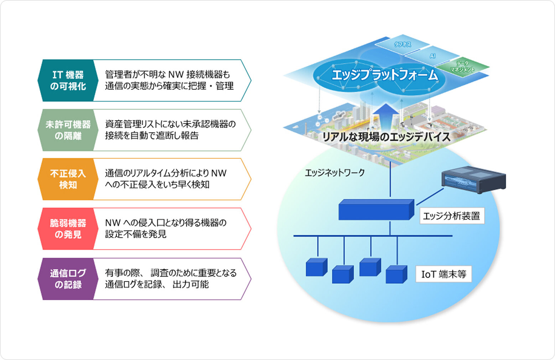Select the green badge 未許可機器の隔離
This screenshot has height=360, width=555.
pos(68,130)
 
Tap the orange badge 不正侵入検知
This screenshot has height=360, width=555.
pos(68,179)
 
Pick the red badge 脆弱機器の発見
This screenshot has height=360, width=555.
pos(68,229)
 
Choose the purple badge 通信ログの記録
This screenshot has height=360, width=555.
pos(68,279)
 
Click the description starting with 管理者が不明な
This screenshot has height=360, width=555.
pos(169,80)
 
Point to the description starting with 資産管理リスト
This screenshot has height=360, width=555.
pos(170,130)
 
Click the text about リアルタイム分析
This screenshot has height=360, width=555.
pos(166,179)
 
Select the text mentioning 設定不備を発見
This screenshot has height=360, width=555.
pos(166,228)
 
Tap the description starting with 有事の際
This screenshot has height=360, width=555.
pos(170,278)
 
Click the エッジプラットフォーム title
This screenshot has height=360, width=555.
pos(385,75)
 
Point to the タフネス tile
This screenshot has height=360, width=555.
pos(403,44)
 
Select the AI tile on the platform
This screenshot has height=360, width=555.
pos(432,56)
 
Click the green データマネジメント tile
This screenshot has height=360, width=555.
pos(462,67)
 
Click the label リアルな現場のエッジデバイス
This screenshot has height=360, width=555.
pos(386,137)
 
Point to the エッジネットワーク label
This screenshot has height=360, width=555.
pos(335,173)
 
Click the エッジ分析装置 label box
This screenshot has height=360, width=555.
pos(452,216)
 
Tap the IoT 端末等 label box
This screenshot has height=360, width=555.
pos(444,274)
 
